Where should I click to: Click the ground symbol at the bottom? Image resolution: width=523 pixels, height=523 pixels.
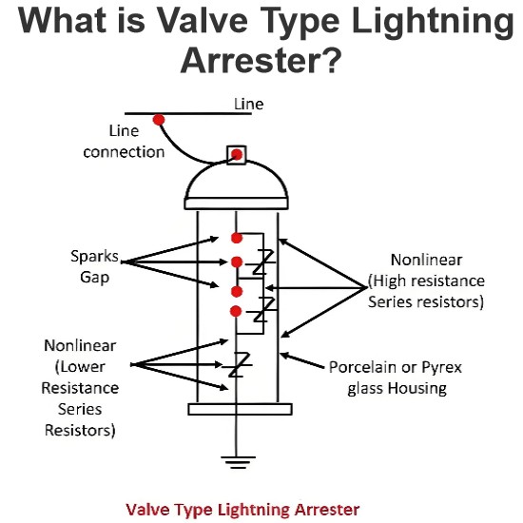tap(238, 462)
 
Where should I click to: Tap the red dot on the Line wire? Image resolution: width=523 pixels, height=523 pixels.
tap(159, 120)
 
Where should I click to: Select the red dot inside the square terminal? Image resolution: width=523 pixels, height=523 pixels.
tap(237, 154)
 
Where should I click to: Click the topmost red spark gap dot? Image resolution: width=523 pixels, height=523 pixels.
tap(237, 238)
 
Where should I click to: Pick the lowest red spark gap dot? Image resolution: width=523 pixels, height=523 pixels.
tap(236, 311)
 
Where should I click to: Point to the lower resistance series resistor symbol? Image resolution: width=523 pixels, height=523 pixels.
tap(238, 364)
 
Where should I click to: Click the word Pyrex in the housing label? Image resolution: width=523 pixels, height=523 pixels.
tap(442, 368)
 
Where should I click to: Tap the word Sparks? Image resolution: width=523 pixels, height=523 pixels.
tap(94, 257)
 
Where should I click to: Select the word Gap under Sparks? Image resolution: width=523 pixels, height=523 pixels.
tap(94, 278)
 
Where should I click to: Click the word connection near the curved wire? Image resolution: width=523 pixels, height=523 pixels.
tap(124, 152)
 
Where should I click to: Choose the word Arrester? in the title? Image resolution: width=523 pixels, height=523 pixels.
tap(261, 60)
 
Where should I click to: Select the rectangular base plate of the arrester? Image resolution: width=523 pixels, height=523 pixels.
tap(241, 409)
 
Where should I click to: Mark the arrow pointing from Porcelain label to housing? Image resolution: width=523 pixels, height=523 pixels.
tap(301, 360)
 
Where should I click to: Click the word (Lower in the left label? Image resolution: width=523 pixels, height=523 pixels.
tap(80, 367)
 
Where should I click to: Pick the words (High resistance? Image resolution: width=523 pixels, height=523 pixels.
tap(426, 281)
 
